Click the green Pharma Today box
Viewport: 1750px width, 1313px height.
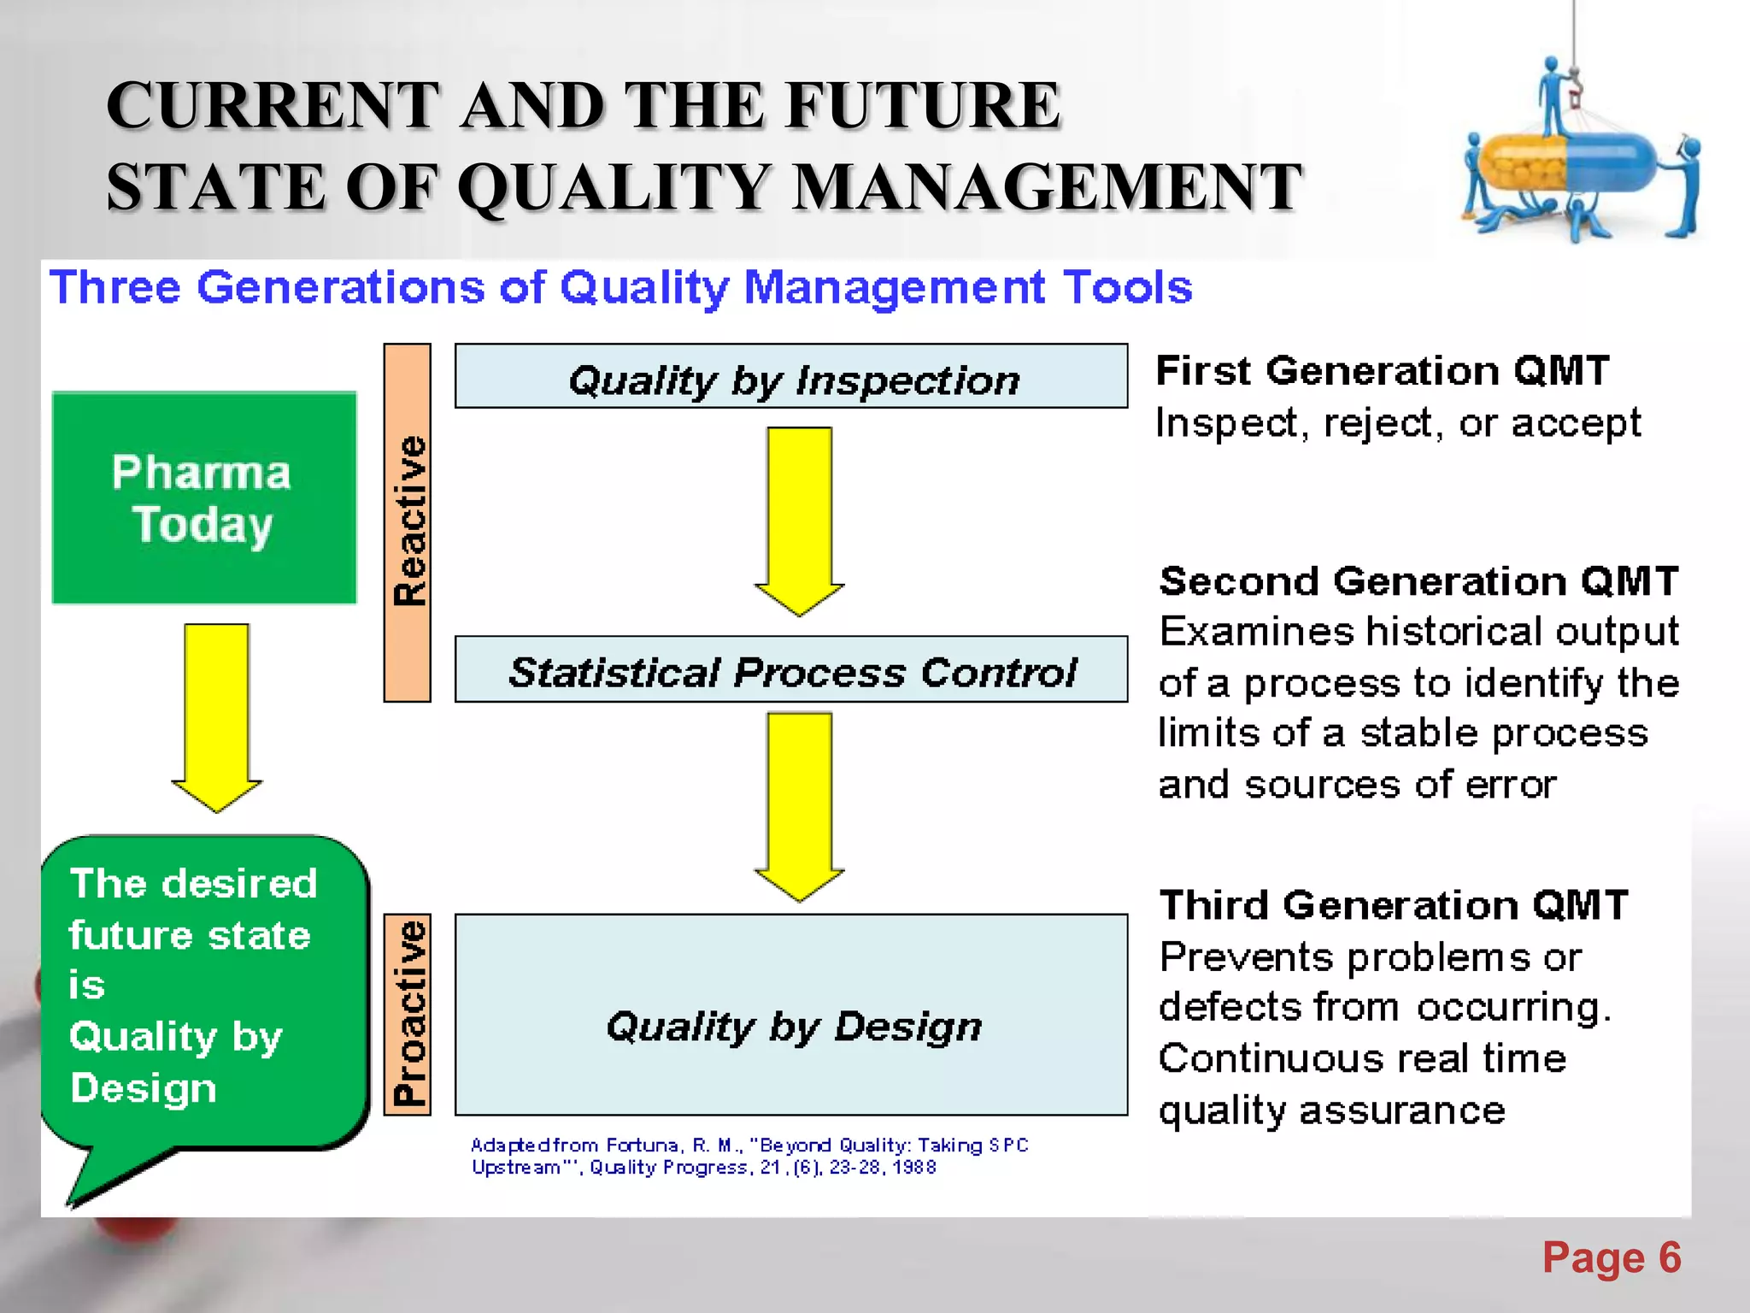[203, 498]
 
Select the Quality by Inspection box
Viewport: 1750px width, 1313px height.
[791, 377]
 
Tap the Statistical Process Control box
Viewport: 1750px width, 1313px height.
[791, 669]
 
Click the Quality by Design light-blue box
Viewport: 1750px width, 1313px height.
[791, 1015]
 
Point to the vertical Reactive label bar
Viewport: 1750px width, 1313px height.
[408, 522]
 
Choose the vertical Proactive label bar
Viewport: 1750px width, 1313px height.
[408, 1014]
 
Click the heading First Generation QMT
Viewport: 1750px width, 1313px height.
[1382, 371]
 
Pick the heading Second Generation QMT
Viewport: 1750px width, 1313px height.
[1418, 581]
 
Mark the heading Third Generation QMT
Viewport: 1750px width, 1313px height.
[1393, 905]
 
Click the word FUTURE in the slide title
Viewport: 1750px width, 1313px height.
[923, 105]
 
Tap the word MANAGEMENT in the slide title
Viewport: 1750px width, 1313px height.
[1047, 187]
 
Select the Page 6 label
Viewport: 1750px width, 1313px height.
[1611, 1257]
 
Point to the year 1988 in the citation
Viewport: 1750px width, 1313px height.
[914, 1168]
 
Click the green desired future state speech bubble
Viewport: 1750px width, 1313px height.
[205, 992]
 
